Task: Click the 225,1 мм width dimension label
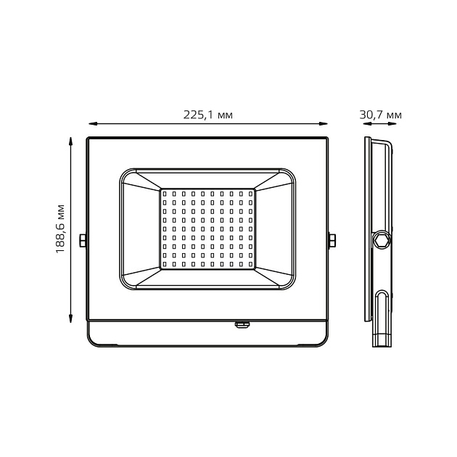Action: (207, 115)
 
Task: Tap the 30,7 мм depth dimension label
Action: (380, 115)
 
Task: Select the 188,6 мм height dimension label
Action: (60, 229)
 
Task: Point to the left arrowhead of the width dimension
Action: (93, 124)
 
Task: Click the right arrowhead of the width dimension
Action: (324, 124)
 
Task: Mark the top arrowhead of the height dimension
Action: (70, 141)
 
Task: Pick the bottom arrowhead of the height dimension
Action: (70, 318)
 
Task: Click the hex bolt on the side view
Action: (381, 240)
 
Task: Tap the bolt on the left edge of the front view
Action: (83, 240)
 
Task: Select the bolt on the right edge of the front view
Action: (332, 240)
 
